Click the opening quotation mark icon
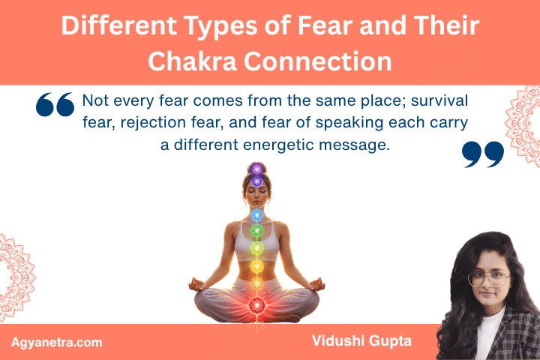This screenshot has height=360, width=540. tap(55, 106)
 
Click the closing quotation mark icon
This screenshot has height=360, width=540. tap(482, 153)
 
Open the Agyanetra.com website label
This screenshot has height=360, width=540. tap(57, 342)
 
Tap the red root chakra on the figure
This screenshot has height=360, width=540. tap(256, 304)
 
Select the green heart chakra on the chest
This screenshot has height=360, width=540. tap(256, 231)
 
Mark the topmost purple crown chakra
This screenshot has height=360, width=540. tap(256, 169)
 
